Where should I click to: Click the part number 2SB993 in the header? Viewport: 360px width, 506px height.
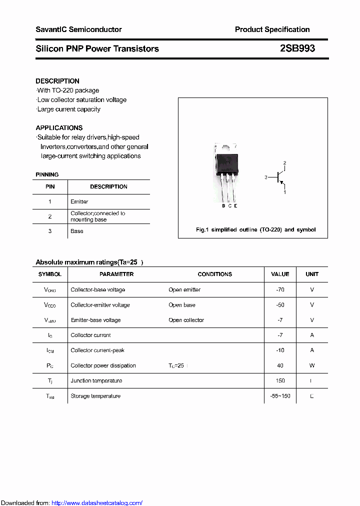pos(297,48)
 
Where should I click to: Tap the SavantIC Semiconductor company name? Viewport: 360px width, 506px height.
pos(78,29)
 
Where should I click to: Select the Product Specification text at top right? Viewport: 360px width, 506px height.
pos(272,29)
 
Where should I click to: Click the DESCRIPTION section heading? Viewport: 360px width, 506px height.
pos(57,81)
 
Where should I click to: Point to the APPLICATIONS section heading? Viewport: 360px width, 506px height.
pos(59,128)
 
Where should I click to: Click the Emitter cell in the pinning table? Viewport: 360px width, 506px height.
pos(79,201)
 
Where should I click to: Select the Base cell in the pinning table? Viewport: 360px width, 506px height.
pos(77,231)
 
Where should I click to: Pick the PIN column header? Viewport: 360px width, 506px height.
pos(50,186)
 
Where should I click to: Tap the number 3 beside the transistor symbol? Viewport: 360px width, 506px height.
pos(266,177)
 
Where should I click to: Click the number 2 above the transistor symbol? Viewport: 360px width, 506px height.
pos(284,163)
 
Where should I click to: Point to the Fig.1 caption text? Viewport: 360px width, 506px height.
pos(255,229)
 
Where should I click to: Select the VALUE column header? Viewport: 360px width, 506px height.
pos(280,274)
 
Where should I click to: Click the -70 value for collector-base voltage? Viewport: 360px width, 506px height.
pos(280,289)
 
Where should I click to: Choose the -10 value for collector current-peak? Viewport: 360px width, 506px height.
pos(280,350)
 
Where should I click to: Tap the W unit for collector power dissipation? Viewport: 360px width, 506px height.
pos(312,365)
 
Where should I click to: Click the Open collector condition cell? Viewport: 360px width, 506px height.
pos(186,320)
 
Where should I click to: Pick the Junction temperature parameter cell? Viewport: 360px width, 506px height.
pos(96,380)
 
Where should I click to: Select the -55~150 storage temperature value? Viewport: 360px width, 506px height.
pos(280,396)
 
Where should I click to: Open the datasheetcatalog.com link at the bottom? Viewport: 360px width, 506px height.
pos(97,503)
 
